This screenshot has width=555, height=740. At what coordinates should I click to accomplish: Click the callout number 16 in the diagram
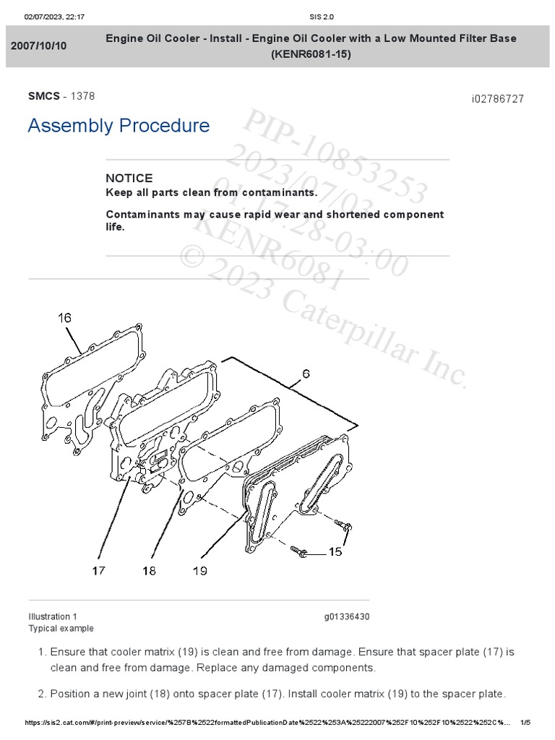65,317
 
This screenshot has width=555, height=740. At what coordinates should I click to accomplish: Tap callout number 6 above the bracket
306,374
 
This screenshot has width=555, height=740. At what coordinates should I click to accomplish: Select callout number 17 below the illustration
98,571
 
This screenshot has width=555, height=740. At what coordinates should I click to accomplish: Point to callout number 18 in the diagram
149,571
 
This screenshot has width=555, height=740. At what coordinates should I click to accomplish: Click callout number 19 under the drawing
199,571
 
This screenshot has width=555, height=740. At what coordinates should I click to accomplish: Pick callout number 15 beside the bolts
335,553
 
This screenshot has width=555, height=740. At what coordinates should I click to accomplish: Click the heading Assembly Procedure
119,126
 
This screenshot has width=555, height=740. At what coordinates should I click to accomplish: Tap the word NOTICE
129,178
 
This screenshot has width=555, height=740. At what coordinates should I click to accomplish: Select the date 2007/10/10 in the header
38,46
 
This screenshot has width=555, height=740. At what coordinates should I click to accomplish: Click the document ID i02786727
497,98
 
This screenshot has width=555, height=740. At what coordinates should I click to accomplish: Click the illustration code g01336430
347,616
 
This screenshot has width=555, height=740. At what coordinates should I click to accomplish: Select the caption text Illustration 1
53,616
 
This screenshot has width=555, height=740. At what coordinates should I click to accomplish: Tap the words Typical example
61,629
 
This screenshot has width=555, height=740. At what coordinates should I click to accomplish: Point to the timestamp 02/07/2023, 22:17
55,17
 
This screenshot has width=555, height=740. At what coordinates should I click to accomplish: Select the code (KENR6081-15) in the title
311,54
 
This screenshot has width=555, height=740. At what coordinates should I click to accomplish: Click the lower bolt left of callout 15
302,553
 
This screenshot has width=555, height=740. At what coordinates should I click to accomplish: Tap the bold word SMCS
43,96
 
